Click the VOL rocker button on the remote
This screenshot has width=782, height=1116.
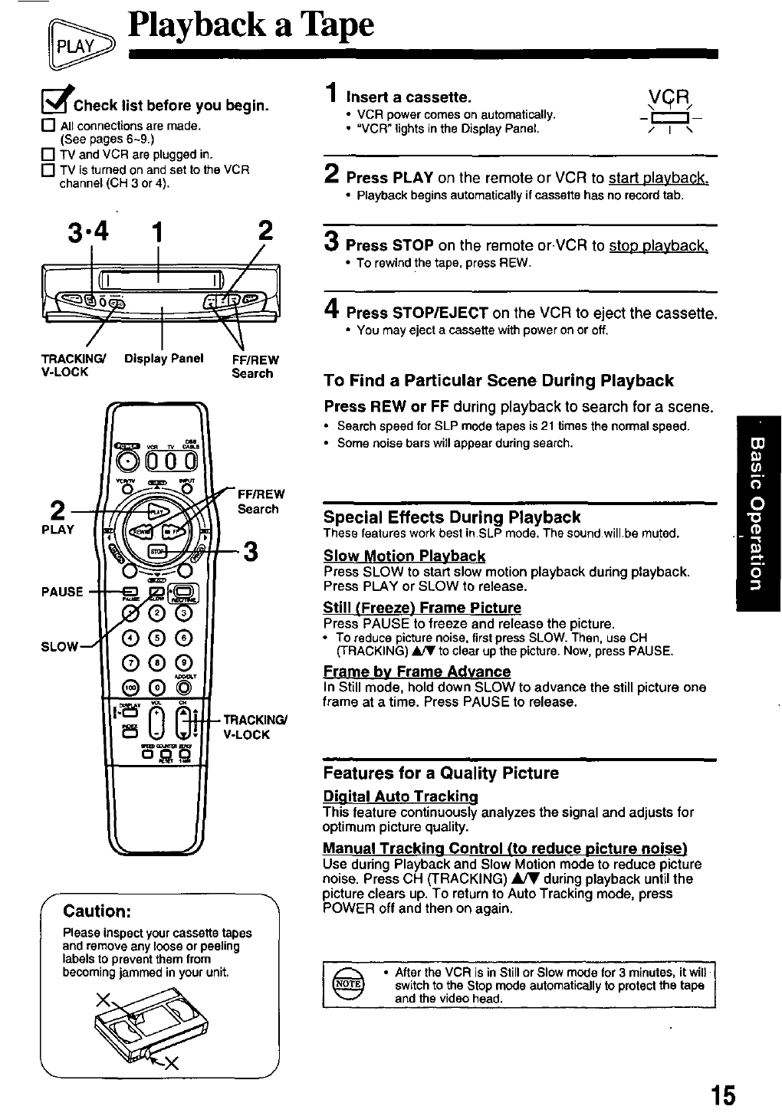coord(156,724)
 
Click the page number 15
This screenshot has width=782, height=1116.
coord(721,1095)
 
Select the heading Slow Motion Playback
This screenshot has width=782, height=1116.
coord(404,556)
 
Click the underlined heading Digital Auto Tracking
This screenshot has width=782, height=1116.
coord(400,796)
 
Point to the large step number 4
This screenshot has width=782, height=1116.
coord(331,311)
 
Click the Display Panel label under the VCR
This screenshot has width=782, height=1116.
coord(163,359)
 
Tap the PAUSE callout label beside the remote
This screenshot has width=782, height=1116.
coord(63,592)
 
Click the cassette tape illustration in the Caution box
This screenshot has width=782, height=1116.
coord(153,1026)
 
